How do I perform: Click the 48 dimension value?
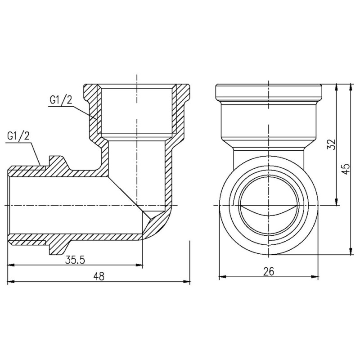tap(99, 277)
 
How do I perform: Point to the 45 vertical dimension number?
tap(345, 169)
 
